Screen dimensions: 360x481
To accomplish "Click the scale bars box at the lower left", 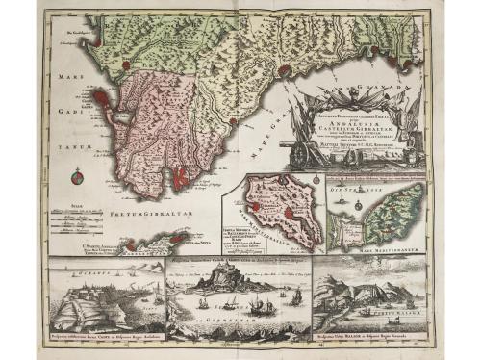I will pos(77,221).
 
